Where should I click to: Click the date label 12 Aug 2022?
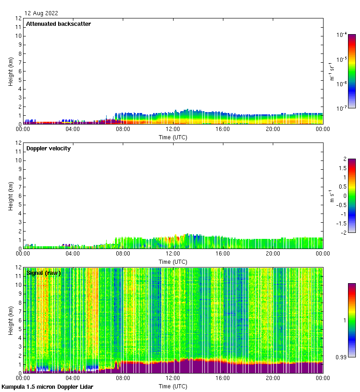42,13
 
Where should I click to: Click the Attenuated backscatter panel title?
58,24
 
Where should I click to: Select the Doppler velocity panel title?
48,148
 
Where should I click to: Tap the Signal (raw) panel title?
43,273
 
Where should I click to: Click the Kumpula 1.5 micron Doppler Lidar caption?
48,386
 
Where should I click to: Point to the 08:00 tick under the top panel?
123,130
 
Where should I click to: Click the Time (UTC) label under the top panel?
173,137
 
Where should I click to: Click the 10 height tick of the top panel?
18,36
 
